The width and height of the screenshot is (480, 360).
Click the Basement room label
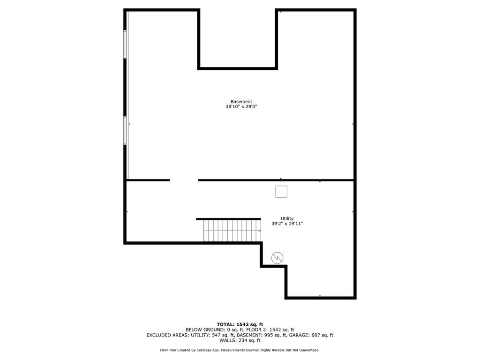tap(241, 102)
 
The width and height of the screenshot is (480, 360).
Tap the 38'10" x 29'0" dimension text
tap(241, 107)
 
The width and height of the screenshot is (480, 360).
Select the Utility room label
tap(287, 218)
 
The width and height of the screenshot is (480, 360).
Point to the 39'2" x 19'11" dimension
tap(287, 224)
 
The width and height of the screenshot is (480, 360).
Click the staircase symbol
tap(232, 231)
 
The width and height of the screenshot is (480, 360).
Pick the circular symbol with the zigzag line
tap(277, 257)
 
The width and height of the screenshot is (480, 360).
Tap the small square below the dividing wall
tap(281, 191)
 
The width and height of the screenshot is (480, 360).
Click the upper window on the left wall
tap(125, 44)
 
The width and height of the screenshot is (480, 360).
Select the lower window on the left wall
tap(125, 130)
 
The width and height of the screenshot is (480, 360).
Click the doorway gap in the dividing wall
tap(184, 180)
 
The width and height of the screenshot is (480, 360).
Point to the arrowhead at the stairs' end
tap(259, 231)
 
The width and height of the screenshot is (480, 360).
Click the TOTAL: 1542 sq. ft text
tap(240, 324)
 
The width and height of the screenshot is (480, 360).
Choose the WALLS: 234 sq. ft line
tap(240, 341)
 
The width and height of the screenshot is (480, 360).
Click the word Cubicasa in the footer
tap(202, 350)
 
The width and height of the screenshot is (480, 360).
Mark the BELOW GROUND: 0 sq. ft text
tap(212, 330)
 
